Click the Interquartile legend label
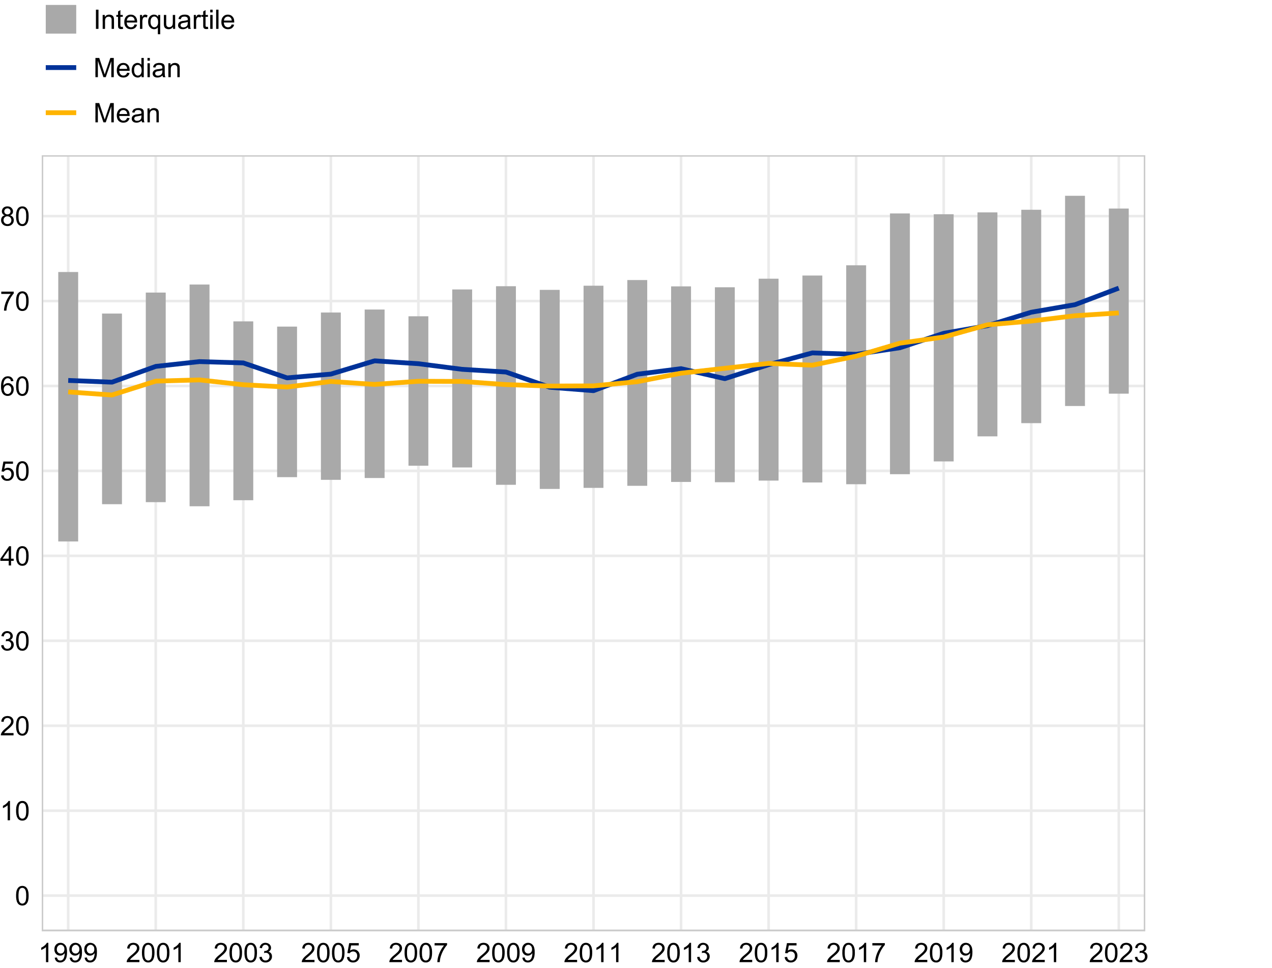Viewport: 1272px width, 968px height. (x=164, y=21)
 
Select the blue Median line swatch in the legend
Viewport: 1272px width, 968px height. (x=61, y=68)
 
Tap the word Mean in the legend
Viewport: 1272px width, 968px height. (x=127, y=113)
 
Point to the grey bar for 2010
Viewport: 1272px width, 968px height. (x=550, y=438)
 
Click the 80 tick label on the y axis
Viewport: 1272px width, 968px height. (x=15, y=217)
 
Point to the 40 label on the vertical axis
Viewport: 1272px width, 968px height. (x=15, y=557)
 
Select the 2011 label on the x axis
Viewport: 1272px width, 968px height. (x=593, y=953)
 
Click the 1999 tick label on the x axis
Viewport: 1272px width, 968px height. (x=68, y=953)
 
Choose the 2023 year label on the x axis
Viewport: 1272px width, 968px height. (x=1118, y=953)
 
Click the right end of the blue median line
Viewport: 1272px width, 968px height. (x=1118, y=288)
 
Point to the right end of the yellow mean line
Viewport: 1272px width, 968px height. (x=1118, y=314)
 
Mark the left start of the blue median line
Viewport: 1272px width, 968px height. (x=69, y=380)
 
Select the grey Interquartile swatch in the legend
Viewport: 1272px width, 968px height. (x=61, y=19)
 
